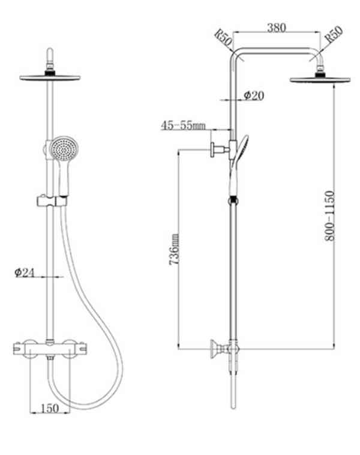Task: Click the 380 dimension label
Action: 277,28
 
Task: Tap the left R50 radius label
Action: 223,38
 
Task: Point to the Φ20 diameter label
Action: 254,95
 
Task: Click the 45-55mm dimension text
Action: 183,125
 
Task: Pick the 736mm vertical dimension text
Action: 174,249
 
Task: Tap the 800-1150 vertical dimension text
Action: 329,215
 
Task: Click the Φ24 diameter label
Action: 25,273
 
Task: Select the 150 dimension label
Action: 50,408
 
